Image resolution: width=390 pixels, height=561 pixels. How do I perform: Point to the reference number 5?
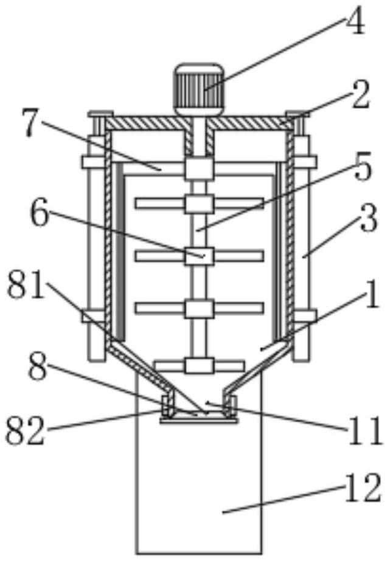[363, 170]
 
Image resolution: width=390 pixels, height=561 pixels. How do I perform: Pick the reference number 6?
[41, 215]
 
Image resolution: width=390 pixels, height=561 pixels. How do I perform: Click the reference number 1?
[369, 301]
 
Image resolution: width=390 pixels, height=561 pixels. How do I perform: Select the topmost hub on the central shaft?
[199, 168]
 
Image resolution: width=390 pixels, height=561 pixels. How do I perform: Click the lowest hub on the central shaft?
[199, 366]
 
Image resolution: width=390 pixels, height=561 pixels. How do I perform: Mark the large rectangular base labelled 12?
[199, 486]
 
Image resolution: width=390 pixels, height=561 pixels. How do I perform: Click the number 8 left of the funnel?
[38, 370]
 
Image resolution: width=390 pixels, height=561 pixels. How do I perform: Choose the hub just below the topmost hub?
[199, 204]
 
